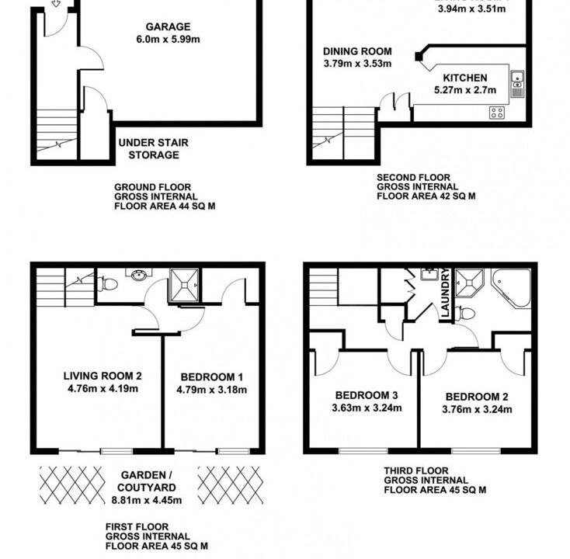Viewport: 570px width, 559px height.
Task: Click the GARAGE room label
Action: click(x=168, y=26)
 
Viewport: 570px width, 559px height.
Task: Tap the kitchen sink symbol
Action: click(x=517, y=84)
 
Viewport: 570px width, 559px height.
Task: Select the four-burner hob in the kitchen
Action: click(x=496, y=113)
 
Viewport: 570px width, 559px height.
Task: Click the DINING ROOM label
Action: click(x=357, y=51)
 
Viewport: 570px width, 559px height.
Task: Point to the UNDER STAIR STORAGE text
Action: click(x=154, y=148)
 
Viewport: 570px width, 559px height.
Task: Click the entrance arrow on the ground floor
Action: click(x=56, y=3)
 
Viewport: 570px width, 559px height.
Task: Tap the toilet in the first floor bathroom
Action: click(x=107, y=283)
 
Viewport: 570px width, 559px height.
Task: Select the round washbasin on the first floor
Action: click(x=139, y=276)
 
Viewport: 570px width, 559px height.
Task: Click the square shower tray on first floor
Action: click(x=185, y=285)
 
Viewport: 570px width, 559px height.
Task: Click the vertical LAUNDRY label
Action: click(x=445, y=293)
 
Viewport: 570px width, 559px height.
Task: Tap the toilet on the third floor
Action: click(x=465, y=314)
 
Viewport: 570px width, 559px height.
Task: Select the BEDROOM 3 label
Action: click(x=367, y=395)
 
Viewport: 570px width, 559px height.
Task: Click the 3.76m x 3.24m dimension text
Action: click(x=477, y=410)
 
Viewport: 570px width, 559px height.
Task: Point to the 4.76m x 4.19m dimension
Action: click(x=103, y=388)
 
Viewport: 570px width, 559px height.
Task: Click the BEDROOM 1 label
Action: click(x=211, y=377)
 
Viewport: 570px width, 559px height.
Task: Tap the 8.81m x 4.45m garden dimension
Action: click(x=147, y=500)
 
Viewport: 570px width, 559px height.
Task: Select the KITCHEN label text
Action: click(x=465, y=78)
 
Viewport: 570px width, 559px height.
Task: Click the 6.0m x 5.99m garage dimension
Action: click(x=168, y=40)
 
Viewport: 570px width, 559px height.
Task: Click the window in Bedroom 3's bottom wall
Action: click(x=363, y=451)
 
